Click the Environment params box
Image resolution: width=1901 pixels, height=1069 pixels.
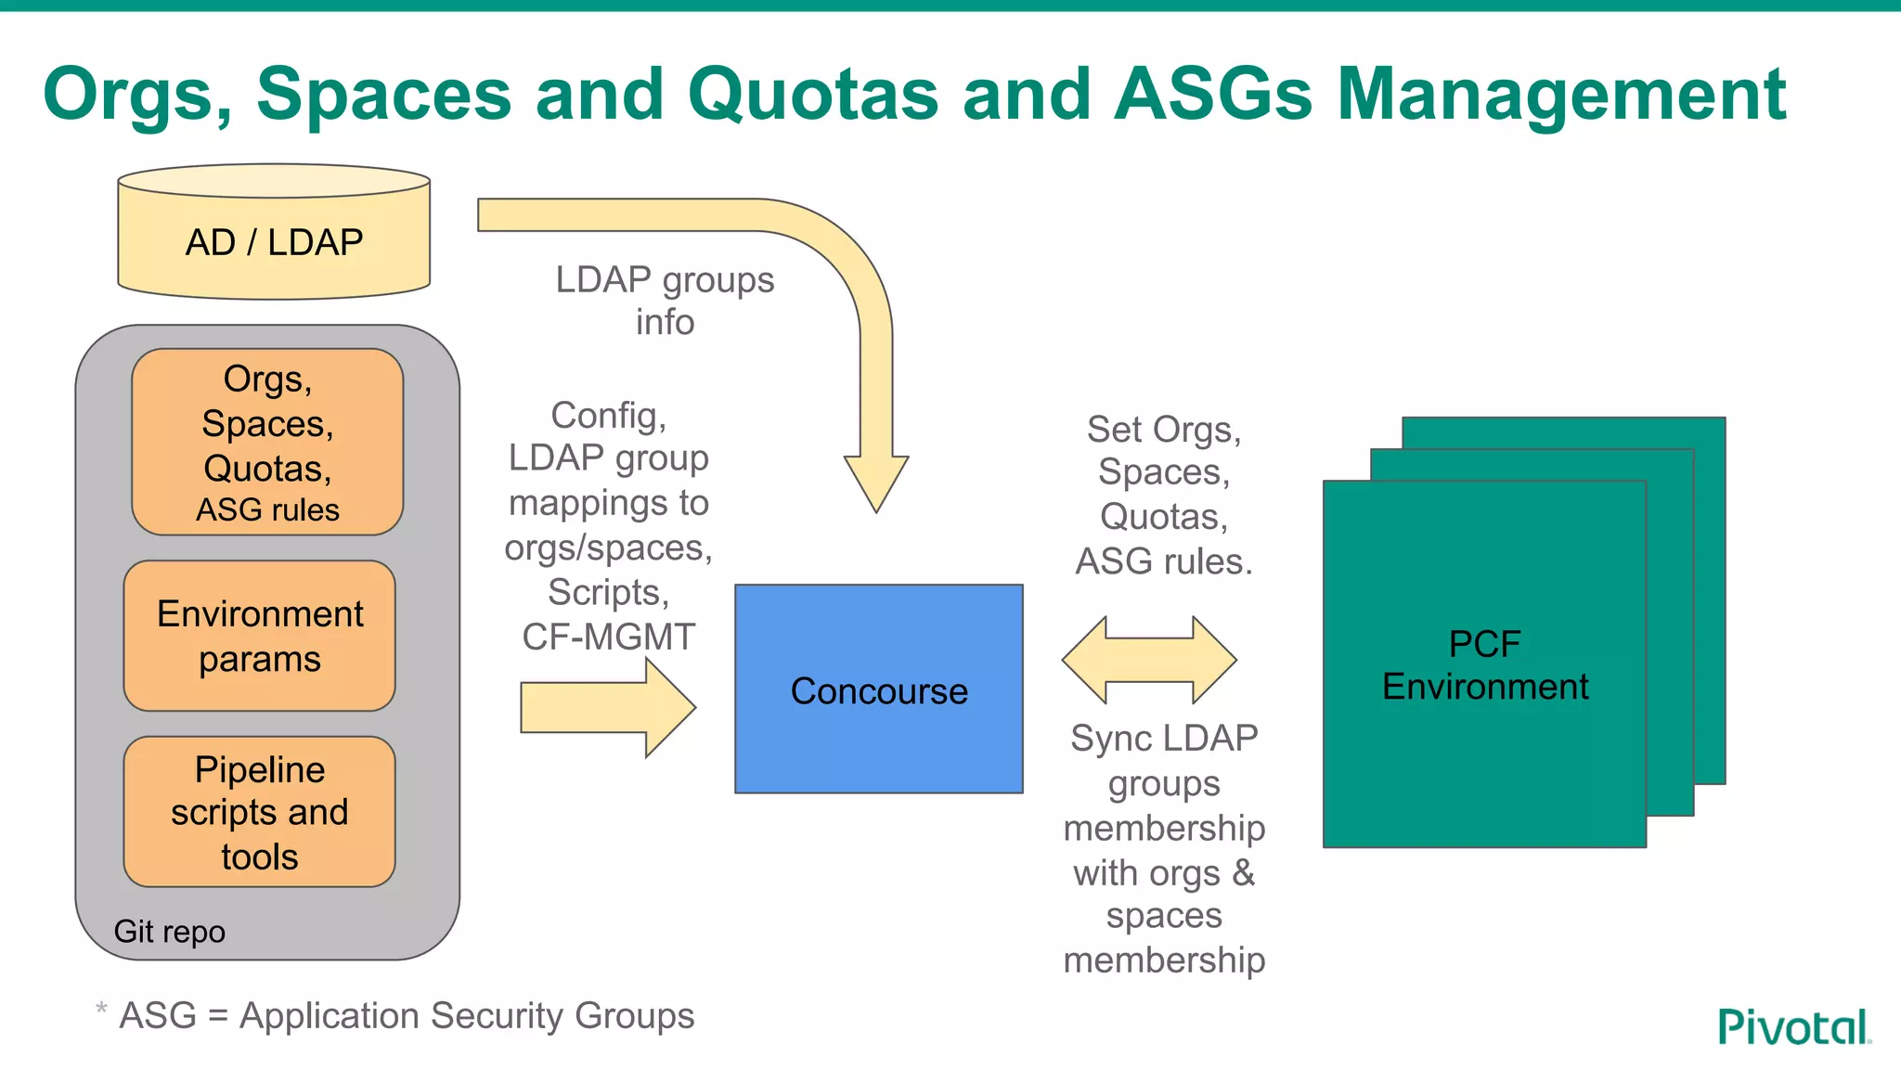point(260,637)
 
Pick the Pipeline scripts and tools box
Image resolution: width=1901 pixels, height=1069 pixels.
point(260,813)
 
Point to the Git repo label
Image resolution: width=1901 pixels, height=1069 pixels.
point(169,931)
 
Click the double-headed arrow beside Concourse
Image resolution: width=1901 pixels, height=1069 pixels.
point(1149,660)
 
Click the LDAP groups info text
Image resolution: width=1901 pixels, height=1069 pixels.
point(665,301)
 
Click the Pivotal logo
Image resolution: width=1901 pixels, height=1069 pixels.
point(1793,1027)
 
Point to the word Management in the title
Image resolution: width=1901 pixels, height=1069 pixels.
point(1561,95)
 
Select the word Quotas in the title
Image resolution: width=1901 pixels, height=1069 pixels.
point(813,95)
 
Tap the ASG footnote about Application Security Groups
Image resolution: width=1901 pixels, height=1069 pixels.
point(407,1015)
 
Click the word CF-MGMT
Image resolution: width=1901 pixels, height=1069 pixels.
point(608,637)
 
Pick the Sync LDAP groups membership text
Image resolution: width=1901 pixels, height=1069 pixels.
point(1164,848)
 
